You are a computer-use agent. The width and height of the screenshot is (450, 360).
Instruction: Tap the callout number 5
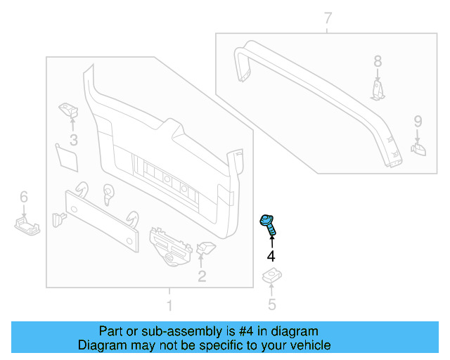[x=271, y=304]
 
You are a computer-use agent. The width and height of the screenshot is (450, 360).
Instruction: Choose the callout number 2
[x=202, y=276]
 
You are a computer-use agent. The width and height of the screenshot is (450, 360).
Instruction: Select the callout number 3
[x=72, y=139]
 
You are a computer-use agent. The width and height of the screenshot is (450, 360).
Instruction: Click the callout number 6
[x=23, y=196]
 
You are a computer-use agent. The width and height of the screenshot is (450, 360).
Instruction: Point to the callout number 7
[x=328, y=18]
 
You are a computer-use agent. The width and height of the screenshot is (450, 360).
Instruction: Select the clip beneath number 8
[x=378, y=91]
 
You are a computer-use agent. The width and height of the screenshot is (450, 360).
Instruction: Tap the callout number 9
[x=418, y=120]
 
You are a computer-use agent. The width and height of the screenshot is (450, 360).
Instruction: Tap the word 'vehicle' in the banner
[x=308, y=345]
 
